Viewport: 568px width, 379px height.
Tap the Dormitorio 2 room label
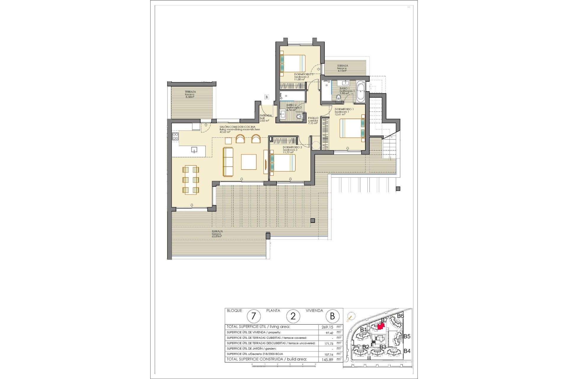coord(304,77)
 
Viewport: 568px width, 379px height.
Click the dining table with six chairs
coord(191,180)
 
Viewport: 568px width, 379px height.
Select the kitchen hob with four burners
coord(175,136)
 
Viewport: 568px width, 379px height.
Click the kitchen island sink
coord(194,150)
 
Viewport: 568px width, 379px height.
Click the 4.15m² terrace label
coord(342,68)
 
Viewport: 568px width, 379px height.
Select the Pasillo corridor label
coord(313,121)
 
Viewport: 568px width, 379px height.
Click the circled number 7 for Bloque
coord(254,316)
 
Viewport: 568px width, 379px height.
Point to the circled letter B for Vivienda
coord(332,316)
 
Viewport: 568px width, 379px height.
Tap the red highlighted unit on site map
coord(381,326)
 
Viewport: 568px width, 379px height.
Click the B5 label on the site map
coord(407,336)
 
